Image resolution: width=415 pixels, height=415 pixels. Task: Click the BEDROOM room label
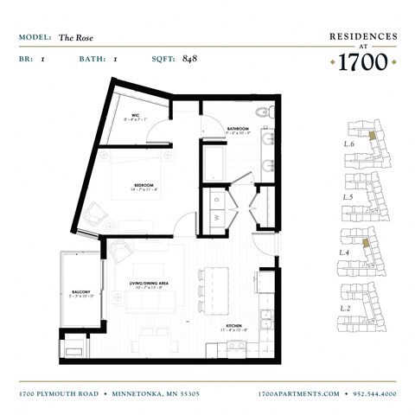pyautogui.click(x=144, y=184)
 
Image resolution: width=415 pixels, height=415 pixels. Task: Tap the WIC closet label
pyautogui.click(x=136, y=114)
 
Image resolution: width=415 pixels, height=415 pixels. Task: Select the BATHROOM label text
pyautogui.click(x=239, y=129)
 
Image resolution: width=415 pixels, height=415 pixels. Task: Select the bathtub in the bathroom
pyautogui.click(x=214, y=161)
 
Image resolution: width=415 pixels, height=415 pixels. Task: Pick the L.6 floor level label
pyautogui.click(x=349, y=144)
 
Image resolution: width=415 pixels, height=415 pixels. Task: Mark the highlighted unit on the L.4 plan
pyautogui.click(x=369, y=245)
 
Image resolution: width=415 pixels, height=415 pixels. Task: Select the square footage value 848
pyautogui.click(x=191, y=60)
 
